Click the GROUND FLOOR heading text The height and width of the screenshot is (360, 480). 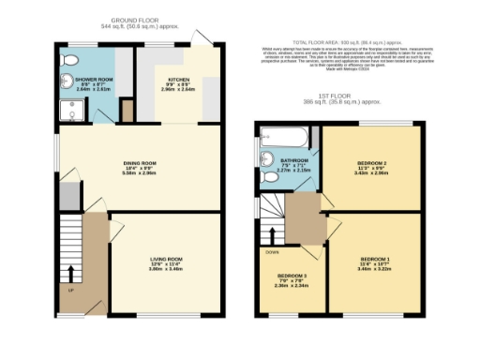pyautogui.click(x=137, y=19)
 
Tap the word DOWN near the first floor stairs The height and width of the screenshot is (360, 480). pyautogui.click(x=273, y=252)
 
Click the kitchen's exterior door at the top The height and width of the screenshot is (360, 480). pyautogui.click(x=202, y=36)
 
